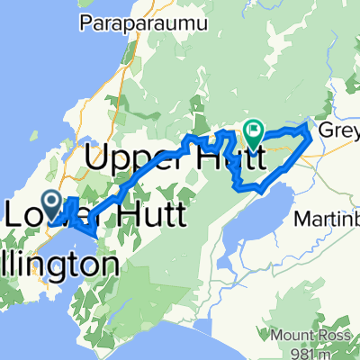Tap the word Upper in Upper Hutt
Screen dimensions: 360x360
(x=131, y=160)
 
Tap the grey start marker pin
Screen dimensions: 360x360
(x=50, y=202)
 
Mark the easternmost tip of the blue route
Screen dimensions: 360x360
(x=312, y=130)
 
